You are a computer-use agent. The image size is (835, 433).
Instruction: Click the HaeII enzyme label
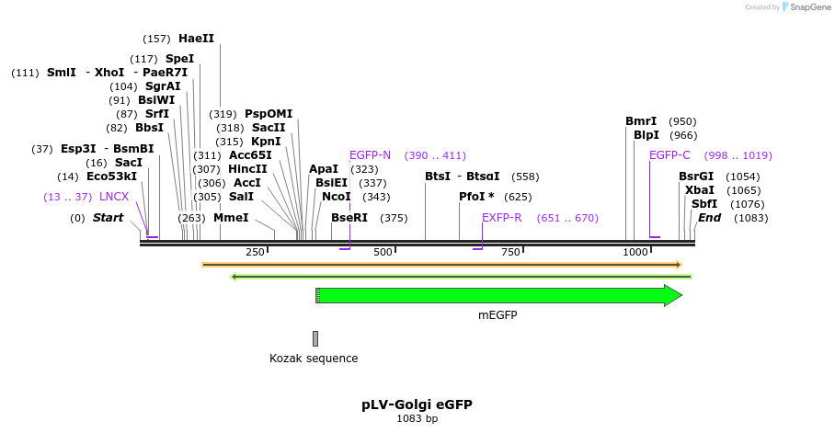click(x=196, y=39)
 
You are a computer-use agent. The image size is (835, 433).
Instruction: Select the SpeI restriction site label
click(x=179, y=59)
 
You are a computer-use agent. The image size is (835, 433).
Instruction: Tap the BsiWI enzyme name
click(x=155, y=100)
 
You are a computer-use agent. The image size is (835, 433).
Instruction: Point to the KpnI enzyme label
click(x=266, y=142)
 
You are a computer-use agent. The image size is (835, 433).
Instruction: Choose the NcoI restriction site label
click(x=336, y=196)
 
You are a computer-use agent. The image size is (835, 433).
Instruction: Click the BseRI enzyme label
click(x=349, y=218)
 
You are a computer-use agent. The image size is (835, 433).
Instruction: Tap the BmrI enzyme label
click(x=641, y=121)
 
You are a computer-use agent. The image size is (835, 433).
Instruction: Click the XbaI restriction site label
click(x=699, y=190)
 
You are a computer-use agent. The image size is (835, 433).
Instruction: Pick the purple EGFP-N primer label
click(x=371, y=155)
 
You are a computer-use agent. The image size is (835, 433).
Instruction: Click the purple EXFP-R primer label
click(x=502, y=218)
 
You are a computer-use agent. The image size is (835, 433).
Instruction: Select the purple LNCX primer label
click(x=114, y=197)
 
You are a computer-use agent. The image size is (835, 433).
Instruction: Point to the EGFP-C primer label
click(x=669, y=155)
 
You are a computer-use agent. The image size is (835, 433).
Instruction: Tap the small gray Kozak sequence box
click(x=315, y=338)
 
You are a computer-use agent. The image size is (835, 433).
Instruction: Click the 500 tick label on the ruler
click(x=383, y=252)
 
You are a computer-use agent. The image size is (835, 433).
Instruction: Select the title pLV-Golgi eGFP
click(x=417, y=405)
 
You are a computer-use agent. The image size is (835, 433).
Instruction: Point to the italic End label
click(x=709, y=218)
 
